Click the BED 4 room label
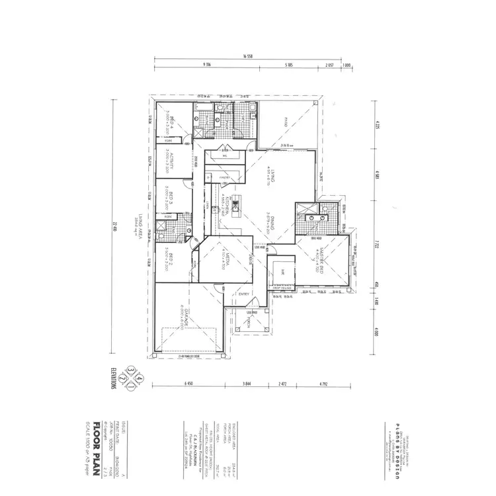point(171,122)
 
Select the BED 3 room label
point(171,197)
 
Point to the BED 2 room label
point(171,259)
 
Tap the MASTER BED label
point(318,257)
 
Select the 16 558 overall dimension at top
point(249,56)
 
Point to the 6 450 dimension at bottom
point(188,384)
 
